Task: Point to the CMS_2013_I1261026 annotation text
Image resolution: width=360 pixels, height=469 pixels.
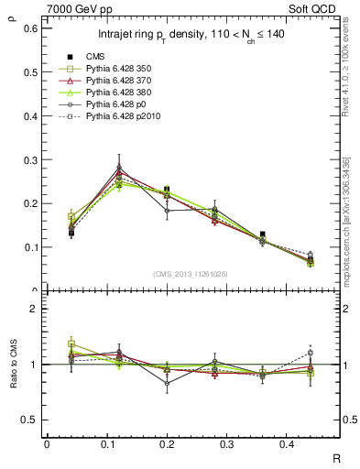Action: click(x=191, y=273)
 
